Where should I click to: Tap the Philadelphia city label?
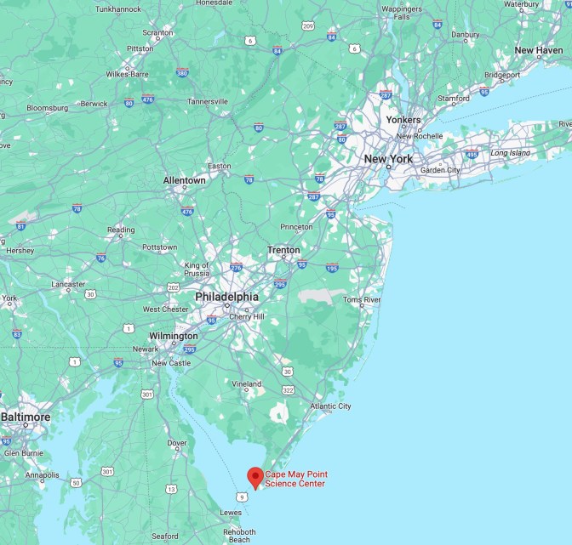(226, 297)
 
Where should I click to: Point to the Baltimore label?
(26, 417)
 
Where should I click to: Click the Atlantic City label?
(331, 406)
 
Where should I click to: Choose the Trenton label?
(283, 250)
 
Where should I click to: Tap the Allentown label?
(185, 180)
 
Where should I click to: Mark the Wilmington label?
(173, 336)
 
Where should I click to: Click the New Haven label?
(538, 50)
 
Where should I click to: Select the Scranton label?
(157, 33)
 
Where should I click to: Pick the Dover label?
(177, 443)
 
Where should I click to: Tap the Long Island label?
(509, 153)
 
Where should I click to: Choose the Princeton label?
(297, 227)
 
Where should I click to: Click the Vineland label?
(247, 383)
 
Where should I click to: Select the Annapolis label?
(43, 475)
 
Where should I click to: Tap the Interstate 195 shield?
(331, 268)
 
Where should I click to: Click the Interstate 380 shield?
(182, 73)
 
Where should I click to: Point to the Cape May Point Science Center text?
(295, 479)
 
